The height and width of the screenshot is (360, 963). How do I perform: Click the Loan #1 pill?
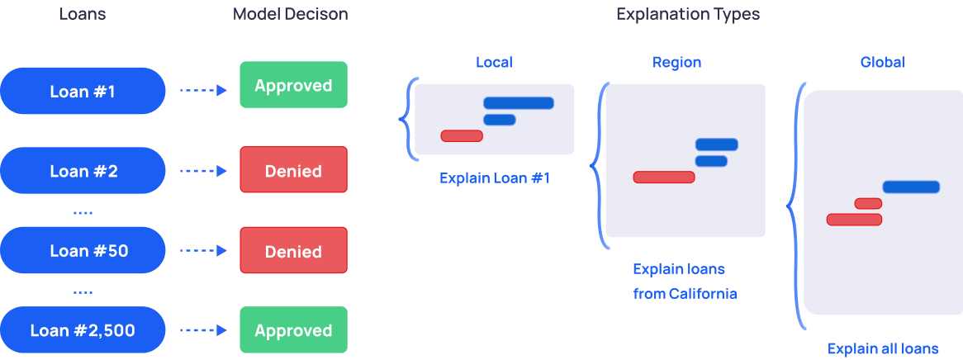click(x=83, y=91)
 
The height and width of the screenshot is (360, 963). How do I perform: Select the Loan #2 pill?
click(x=83, y=171)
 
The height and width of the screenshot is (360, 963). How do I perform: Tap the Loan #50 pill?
click(x=83, y=251)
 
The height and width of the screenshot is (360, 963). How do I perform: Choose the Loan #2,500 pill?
click(x=83, y=330)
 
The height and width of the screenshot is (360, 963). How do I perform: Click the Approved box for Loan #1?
click(x=293, y=86)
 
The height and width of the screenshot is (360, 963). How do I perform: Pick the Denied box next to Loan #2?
click(x=293, y=171)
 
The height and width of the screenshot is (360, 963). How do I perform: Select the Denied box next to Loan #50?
click(x=293, y=251)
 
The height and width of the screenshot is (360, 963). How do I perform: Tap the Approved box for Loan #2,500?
click(x=293, y=330)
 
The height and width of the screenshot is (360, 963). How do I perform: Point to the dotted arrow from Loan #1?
click(x=202, y=91)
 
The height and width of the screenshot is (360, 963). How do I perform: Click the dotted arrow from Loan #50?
click(x=202, y=251)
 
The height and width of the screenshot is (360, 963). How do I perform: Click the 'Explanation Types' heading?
click(x=687, y=15)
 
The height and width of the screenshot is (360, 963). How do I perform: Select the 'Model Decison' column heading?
click(x=290, y=15)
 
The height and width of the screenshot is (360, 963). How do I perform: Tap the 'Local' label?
click(x=494, y=63)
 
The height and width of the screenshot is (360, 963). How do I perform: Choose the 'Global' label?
click(x=882, y=63)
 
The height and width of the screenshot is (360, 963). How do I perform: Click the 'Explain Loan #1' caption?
click(x=494, y=178)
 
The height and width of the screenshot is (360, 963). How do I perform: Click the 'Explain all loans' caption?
click(x=882, y=348)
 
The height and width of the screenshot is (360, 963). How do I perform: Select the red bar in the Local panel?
click(x=462, y=135)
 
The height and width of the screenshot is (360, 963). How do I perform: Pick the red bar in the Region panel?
click(x=664, y=177)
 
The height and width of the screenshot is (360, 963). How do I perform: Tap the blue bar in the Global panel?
click(x=911, y=187)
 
